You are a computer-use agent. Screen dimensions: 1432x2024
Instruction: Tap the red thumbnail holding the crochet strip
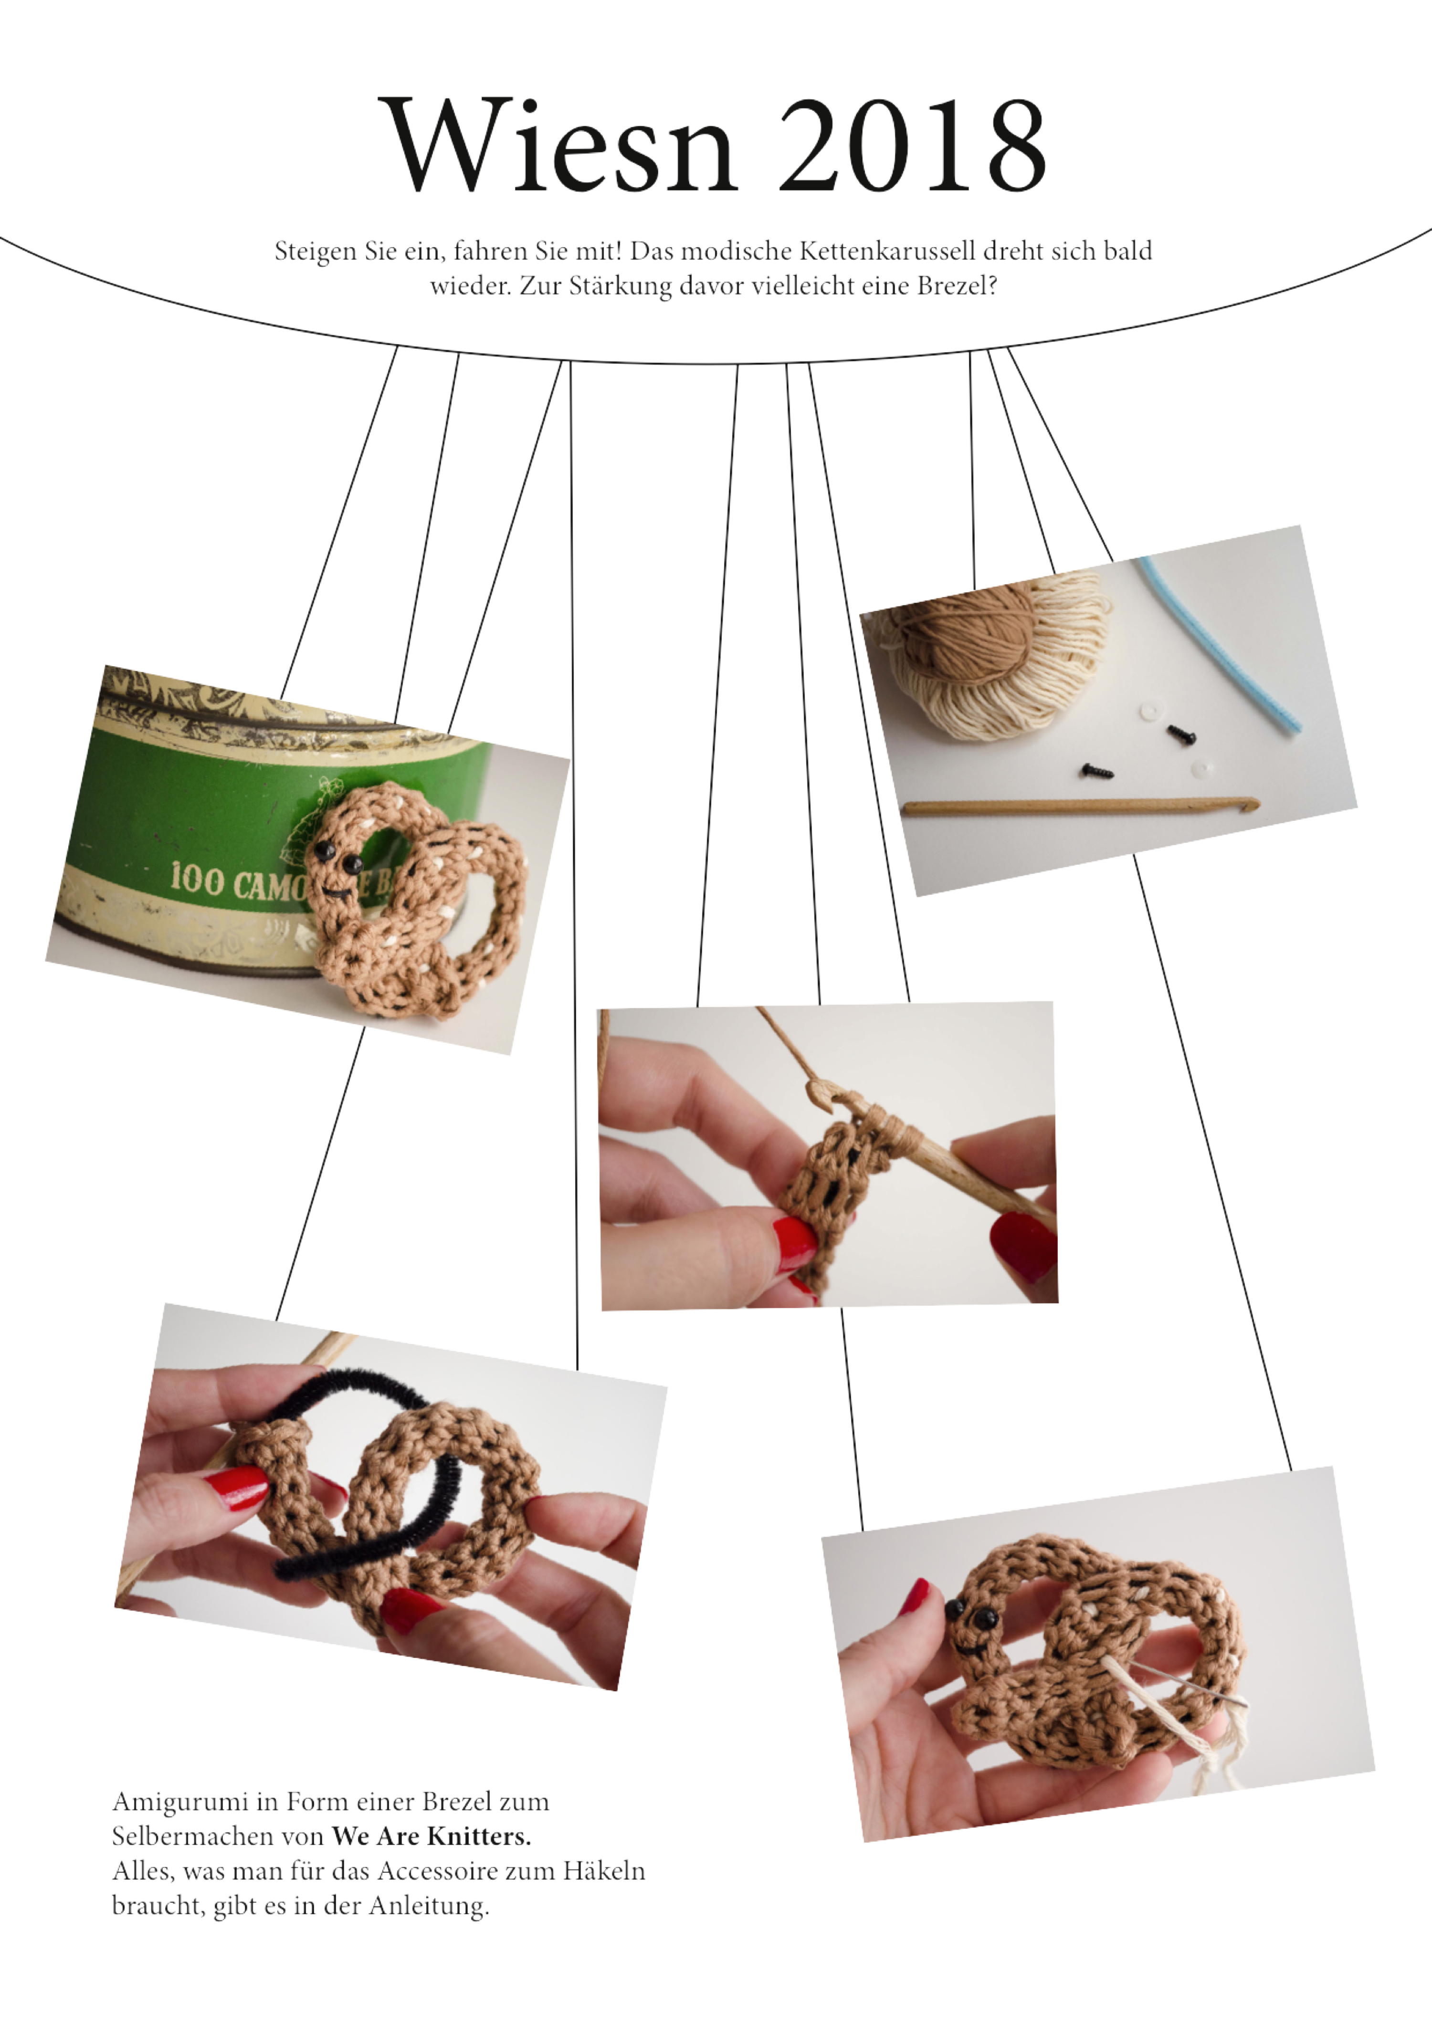pos(796,1240)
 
